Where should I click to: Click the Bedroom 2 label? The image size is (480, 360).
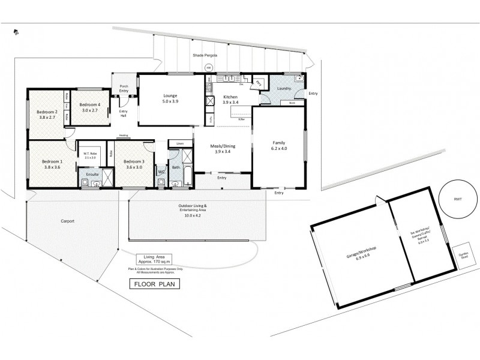pyautogui.click(x=47, y=114)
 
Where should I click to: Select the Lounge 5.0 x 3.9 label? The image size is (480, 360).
pyautogui.click(x=170, y=98)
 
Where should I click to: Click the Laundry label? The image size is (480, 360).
pyautogui.click(x=284, y=88)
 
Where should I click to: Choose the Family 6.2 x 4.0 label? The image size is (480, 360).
pyautogui.click(x=278, y=145)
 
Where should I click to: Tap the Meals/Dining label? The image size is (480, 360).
pyautogui.click(x=223, y=148)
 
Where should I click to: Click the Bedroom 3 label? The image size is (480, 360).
pyautogui.click(x=133, y=164)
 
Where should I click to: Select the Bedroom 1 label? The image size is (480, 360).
pyautogui.click(x=52, y=164)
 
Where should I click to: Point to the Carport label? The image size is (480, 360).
pyautogui.click(x=67, y=221)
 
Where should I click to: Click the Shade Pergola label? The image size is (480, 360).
pyautogui.click(x=205, y=55)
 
